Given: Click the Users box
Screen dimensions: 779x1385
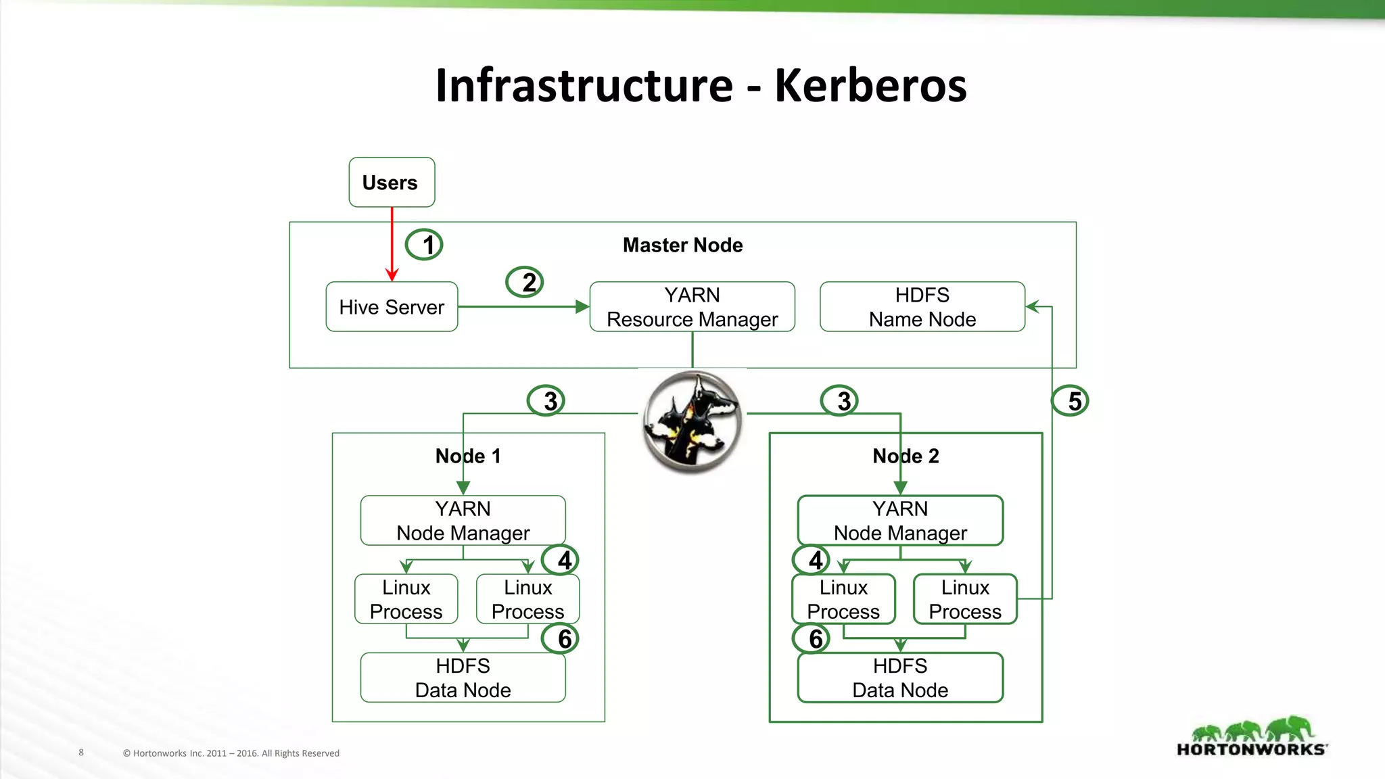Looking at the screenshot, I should (x=392, y=182).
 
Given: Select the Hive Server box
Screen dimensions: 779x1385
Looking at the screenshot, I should (x=392, y=307).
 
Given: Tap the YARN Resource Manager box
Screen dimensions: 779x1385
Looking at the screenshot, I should (x=692, y=307).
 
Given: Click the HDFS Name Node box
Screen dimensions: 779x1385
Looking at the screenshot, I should (x=922, y=307).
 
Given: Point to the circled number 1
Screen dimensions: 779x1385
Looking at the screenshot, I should (x=425, y=245).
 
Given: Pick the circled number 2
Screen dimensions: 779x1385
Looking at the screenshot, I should (x=525, y=282).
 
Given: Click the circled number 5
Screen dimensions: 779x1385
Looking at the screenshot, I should (x=1070, y=401).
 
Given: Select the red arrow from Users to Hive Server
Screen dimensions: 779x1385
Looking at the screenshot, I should (x=392, y=243).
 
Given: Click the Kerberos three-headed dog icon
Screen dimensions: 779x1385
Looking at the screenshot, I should (x=692, y=421).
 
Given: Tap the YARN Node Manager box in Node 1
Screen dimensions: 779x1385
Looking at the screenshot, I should (x=463, y=521).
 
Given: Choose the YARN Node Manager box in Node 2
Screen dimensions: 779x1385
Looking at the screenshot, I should (x=900, y=521).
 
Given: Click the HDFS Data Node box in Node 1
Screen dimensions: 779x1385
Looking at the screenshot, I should (x=463, y=678).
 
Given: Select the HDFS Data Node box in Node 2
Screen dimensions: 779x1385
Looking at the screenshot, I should (x=900, y=678).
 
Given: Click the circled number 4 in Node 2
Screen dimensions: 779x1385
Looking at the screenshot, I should (x=812, y=560).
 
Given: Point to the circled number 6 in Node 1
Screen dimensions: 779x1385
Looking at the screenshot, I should (x=561, y=638).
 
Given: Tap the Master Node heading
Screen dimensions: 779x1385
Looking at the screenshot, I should (x=682, y=245).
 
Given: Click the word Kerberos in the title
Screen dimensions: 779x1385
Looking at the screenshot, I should (x=870, y=86).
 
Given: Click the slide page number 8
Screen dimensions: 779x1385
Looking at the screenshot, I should (x=81, y=752).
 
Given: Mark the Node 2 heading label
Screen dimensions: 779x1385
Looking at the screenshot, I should (x=906, y=456).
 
